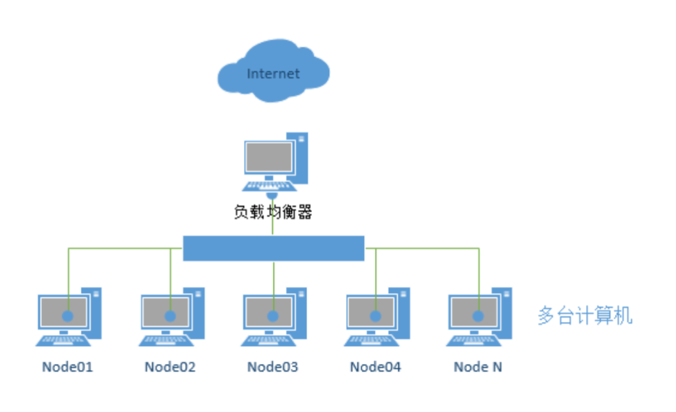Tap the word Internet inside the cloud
tap(273, 74)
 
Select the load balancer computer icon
tap(274, 162)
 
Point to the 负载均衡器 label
tap(273, 213)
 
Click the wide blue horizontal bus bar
tap(273, 248)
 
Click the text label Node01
tap(67, 367)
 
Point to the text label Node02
tap(170, 367)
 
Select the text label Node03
tap(273, 367)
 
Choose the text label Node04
tap(375, 367)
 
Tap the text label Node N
tap(477, 367)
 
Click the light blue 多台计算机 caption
tap(585, 316)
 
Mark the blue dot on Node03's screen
tap(273, 316)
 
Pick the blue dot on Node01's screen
tap(68, 316)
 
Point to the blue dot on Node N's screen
tap(478, 316)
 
